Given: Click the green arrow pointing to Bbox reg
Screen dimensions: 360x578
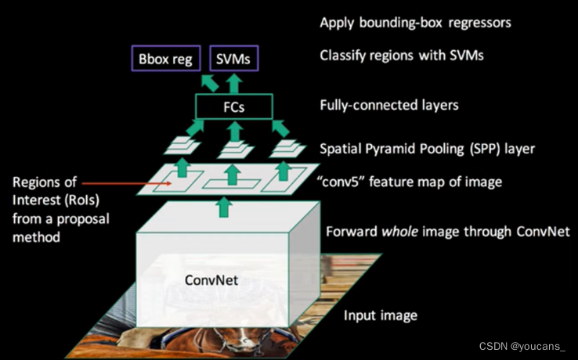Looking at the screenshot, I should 210,82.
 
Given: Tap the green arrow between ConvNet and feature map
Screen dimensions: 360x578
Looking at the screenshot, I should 225,206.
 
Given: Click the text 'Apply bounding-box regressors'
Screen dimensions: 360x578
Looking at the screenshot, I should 415,23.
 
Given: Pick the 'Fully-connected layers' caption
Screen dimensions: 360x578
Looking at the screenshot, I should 389,104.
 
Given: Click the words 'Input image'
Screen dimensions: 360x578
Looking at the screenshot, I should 381,316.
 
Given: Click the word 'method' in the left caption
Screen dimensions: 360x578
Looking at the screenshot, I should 37,234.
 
